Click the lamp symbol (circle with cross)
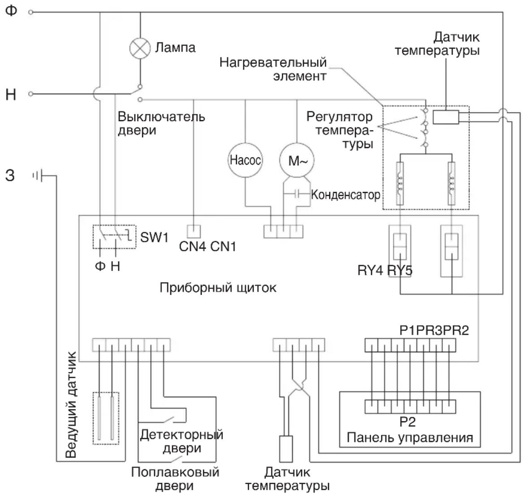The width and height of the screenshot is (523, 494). (140, 48)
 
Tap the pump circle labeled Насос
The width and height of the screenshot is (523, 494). (245, 160)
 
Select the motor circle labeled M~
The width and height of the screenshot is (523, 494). (297, 160)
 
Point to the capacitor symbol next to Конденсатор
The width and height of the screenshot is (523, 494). (297, 194)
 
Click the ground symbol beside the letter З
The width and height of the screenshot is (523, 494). (38, 176)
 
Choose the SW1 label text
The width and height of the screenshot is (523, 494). (155, 237)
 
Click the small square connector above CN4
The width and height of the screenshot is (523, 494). (194, 231)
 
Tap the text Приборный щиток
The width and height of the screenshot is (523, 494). (218, 287)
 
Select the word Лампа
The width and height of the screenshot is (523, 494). (175, 48)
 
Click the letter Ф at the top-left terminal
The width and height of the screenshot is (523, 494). (11, 10)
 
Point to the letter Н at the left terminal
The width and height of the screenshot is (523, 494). (11, 95)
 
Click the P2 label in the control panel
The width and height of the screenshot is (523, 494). (407, 422)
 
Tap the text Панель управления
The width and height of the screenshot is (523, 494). (410, 437)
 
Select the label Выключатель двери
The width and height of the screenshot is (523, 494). (161, 123)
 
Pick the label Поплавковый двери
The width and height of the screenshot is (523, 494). (175, 479)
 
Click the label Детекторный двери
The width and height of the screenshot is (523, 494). (182, 441)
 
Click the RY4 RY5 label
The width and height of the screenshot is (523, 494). (385, 271)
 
